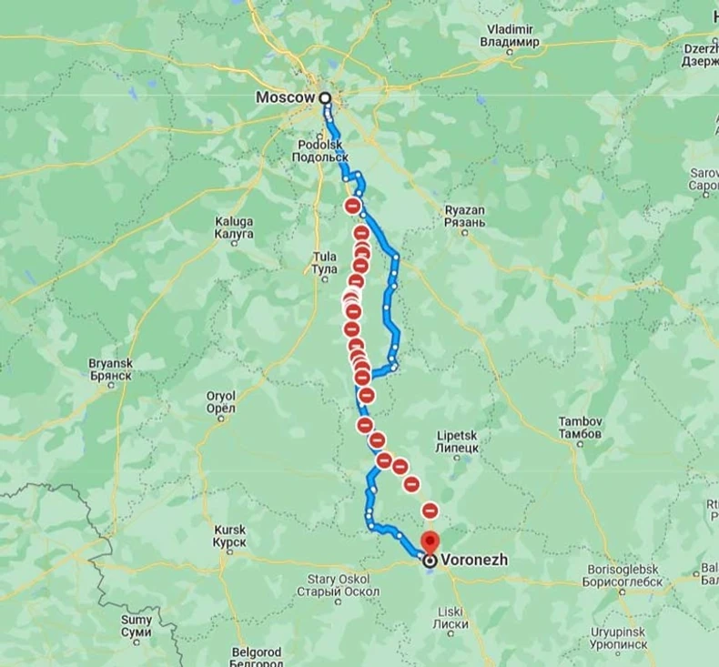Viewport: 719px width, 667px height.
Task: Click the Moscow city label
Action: pyautogui.click(x=285, y=96)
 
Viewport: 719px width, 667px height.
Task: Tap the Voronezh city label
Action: pyautogui.click(x=473, y=561)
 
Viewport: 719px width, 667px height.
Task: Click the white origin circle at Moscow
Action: pyautogui.click(x=325, y=97)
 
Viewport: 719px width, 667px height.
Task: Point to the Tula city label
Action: pyautogui.click(x=324, y=263)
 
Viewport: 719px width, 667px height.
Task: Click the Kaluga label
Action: pyautogui.click(x=234, y=227)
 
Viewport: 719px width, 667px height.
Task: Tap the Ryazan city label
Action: pyautogui.click(x=464, y=217)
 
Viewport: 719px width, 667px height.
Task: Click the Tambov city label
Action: pyautogui.click(x=579, y=428)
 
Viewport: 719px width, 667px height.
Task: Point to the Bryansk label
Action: pyautogui.click(x=111, y=369)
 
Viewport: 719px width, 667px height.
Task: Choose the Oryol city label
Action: pyautogui.click(x=221, y=402)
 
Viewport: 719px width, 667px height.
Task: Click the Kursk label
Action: pyautogui.click(x=229, y=536)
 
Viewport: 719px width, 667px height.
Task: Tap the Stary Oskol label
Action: pyautogui.click(x=338, y=585)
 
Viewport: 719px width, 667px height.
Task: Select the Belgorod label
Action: pyautogui.click(x=256, y=656)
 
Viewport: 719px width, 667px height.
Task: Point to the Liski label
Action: pyautogui.click(x=451, y=616)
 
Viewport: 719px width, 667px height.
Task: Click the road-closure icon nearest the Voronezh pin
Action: pyautogui.click(x=430, y=510)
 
